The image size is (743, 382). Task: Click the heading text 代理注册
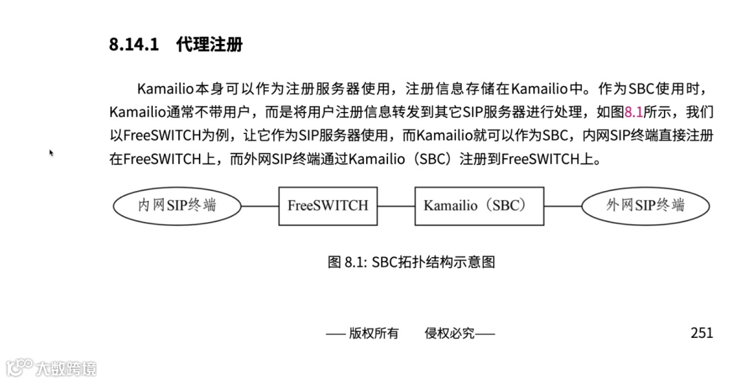pyautogui.click(x=209, y=46)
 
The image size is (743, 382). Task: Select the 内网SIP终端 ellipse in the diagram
pyautogui.click(x=177, y=205)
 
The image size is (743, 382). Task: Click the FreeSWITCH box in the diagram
pyautogui.click(x=327, y=205)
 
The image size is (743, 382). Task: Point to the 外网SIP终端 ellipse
pyautogui.click(x=645, y=205)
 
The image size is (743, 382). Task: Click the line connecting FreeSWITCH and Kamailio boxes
pyautogui.click(x=396, y=205)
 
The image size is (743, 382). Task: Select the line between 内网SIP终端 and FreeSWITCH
pyautogui.click(x=259, y=205)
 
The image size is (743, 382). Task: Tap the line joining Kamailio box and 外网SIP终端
pyautogui.click(x=563, y=205)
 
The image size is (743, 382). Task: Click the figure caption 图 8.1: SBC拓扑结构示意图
pyautogui.click(x=411, y=262)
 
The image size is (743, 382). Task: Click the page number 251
pyautogui.click(x=702, y=333)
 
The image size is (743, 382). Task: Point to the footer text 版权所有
pyautogui.click(x=374, y=334)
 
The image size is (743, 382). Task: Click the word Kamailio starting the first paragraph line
pyautogui.click(x=166, y=89)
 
